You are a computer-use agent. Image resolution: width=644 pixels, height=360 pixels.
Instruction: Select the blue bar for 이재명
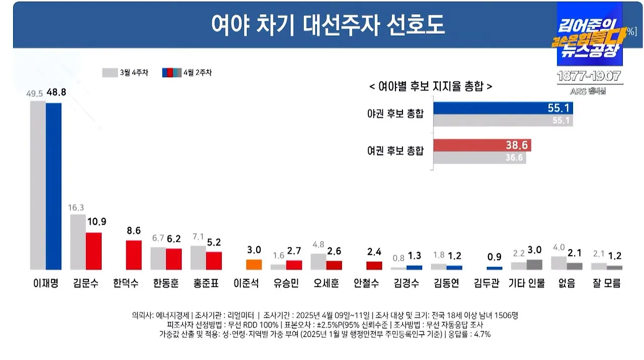tap(53, 186)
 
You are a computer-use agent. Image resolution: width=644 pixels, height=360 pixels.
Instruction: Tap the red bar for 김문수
tap(93, 251)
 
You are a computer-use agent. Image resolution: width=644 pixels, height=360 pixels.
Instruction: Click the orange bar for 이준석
tap(254, 264)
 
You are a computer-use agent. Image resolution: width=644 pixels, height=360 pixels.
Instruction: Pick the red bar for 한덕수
tap(133, 255)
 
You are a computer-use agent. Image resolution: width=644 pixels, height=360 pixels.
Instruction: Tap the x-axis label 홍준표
tap(206, 284)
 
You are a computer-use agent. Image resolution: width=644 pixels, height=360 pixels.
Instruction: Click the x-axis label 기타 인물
tap(527, 284)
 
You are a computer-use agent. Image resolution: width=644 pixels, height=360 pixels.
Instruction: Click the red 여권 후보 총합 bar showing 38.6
tap(482, 145)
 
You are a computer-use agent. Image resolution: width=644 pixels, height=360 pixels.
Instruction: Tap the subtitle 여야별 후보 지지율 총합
tap(431, 86)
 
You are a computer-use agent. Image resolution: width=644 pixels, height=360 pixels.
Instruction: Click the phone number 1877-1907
tap(590, 76)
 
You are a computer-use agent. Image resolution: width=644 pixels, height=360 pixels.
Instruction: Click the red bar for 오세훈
tap(334, 265)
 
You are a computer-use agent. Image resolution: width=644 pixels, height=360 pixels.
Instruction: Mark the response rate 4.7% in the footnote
tap(480, 334)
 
